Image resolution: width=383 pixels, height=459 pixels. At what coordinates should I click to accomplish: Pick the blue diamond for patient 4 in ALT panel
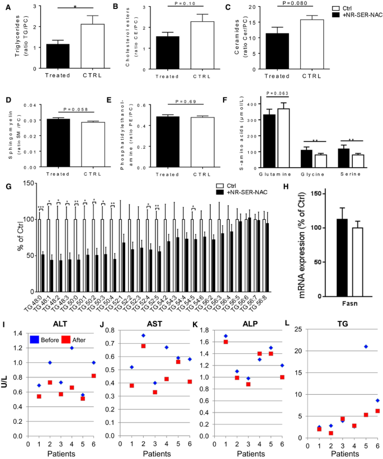(x=71, y=348)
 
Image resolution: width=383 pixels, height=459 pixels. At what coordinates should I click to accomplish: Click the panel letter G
(x=5, y=188)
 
